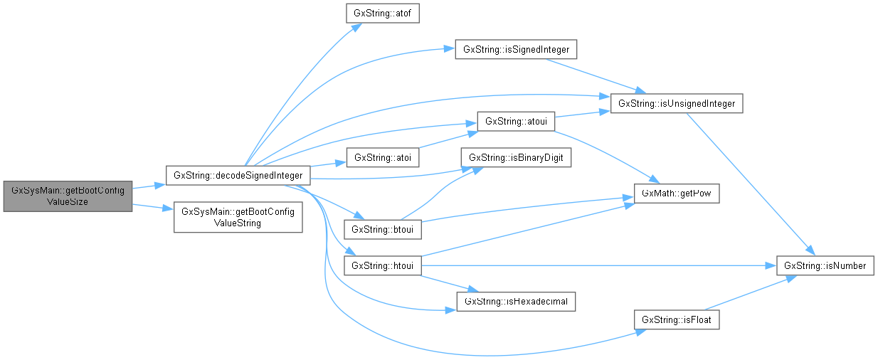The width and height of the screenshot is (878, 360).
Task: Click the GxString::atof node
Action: coord(381,14)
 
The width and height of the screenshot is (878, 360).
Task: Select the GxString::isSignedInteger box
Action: coord(515,50)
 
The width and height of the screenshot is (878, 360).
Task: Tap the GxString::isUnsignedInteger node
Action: coord(677,104)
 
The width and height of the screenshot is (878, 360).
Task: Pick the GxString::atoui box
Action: coord(515,121)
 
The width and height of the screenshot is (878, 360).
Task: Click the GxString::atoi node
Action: coord(381,157)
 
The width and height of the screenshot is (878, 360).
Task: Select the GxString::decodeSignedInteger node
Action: coord(238,175)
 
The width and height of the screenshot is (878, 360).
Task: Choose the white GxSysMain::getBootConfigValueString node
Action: coord(238,217)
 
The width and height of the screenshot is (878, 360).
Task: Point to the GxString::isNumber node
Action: coord(825,266)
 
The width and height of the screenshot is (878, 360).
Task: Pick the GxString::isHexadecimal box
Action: coord(515,302)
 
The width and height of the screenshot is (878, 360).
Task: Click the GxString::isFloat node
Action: coord(677,320)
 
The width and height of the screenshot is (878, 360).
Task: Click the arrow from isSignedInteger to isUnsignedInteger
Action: coord(591,74)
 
